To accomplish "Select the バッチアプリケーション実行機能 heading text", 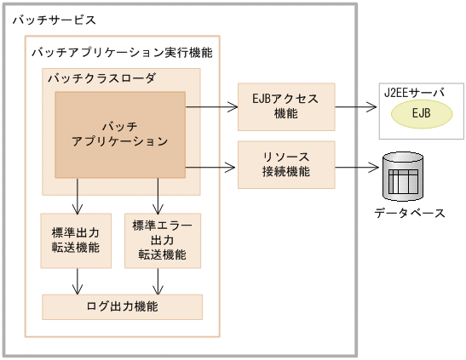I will point(122,53).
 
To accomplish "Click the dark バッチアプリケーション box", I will point(120,134).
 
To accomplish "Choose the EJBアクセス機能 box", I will point(286,107).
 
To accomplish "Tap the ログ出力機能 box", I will point(122,306).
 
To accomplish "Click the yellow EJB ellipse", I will point(421,113).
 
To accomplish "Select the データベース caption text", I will point(410,213).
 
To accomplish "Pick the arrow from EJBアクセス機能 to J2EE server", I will point(355,107).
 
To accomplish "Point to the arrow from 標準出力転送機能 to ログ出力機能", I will point(78,280).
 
